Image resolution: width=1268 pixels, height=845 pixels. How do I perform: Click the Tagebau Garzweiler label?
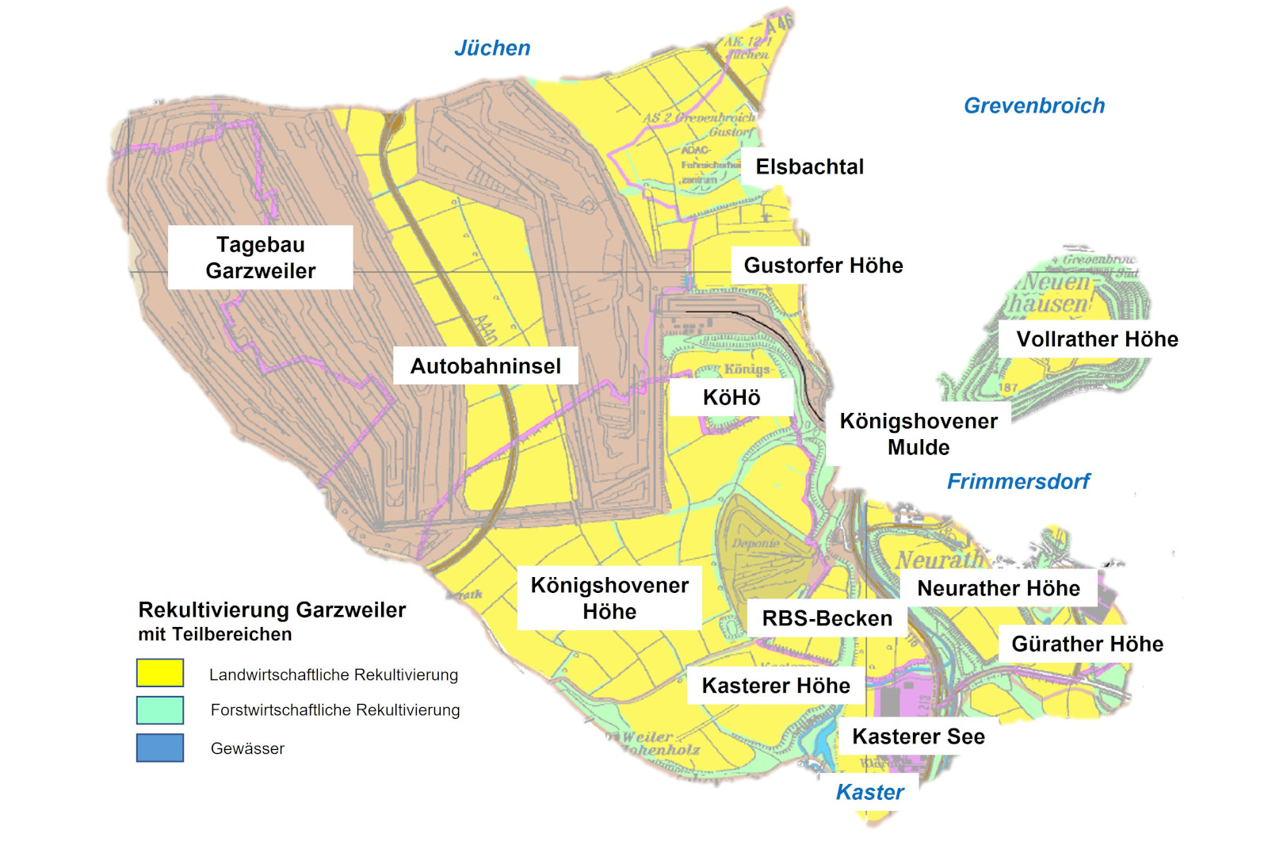point(260,258)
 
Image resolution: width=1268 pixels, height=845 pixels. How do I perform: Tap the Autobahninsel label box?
point(485,366)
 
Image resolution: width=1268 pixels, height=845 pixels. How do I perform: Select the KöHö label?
point(731,397)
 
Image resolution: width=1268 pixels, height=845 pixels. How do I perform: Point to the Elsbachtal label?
point(809,167)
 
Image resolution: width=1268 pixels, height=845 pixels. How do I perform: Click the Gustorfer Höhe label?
point(823,266)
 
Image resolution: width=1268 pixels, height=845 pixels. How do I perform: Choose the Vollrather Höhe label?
point(1096,339)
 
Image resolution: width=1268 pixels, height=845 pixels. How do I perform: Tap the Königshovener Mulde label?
point(918,434)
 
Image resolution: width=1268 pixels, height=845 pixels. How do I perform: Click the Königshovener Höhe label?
point(609,598)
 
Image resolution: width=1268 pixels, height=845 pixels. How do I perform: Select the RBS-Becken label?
point(827,618)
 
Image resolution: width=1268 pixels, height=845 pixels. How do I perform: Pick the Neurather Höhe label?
point(998,588)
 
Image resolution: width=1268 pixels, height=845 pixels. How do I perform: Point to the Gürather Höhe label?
point(1087,644)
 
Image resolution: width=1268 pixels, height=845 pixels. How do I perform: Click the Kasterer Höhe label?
point(775,686)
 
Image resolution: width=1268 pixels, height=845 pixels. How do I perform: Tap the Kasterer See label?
point(918,736)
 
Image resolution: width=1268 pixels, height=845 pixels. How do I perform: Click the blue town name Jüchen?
point(492,48)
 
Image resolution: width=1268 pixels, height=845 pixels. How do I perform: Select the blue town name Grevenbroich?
point(1033,106)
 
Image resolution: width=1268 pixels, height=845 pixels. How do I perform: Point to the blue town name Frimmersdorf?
point(1018,481)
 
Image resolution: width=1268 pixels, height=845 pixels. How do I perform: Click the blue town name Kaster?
point(869,792)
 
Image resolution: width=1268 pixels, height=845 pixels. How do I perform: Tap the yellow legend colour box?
point(160,673)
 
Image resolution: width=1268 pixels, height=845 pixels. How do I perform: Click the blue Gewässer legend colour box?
point(160,747)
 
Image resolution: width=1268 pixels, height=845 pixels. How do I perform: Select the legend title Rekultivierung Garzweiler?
point(272,610)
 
